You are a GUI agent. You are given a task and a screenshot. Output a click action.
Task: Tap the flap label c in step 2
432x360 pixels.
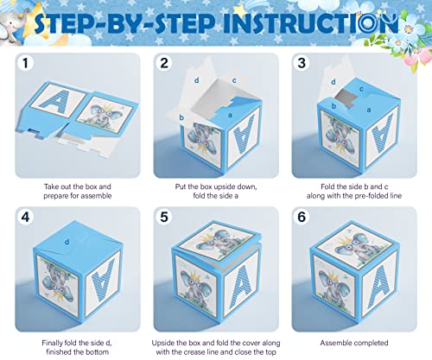tap(234, 81)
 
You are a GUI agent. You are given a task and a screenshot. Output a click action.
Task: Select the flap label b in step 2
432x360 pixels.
tap(181, 117)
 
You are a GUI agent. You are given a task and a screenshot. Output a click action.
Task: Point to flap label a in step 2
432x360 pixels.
tap(228, 113)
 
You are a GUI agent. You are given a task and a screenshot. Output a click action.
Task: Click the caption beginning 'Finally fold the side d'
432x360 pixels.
tap(78, 340)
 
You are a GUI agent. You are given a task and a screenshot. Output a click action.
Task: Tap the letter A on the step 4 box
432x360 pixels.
tap(98, 286)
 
